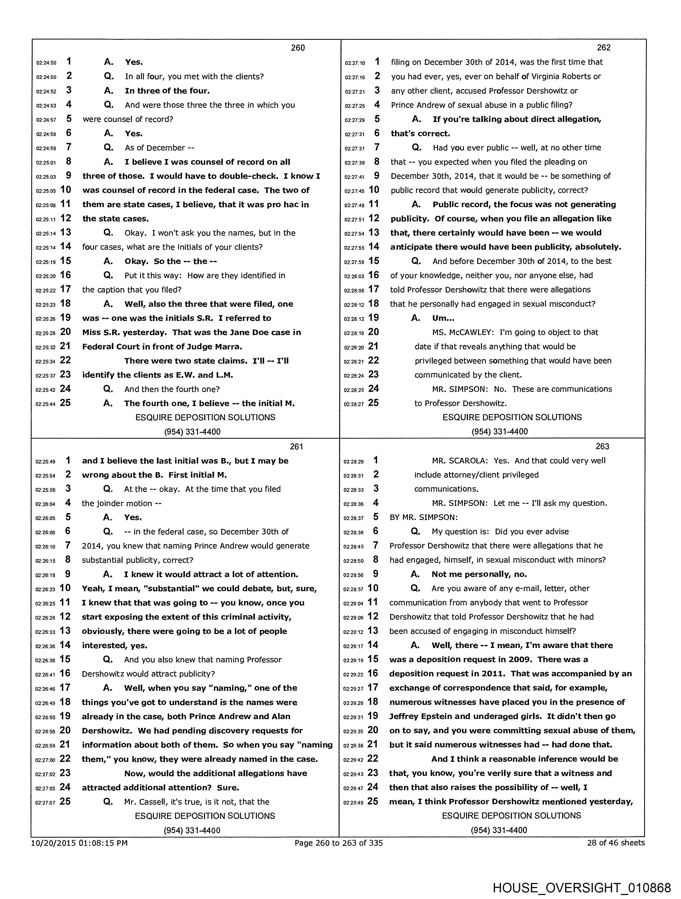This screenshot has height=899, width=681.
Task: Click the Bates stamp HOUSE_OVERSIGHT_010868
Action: (x=581, y=887)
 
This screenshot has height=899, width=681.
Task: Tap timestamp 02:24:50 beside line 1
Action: (x=46, y=63)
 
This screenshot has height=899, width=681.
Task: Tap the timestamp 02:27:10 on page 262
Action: (x=355, y=63)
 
